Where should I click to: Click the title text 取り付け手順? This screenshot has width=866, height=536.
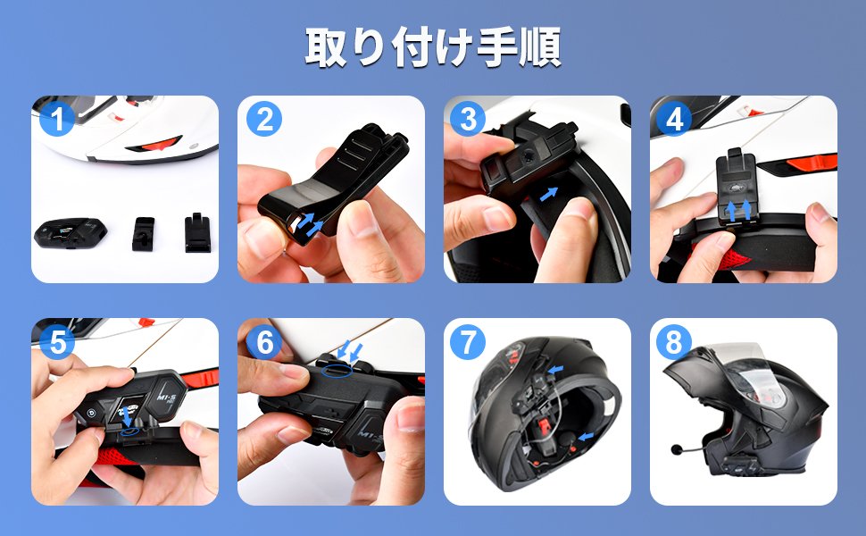click(x=433, y=48)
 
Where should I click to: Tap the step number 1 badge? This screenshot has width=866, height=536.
click(x=58, y=119)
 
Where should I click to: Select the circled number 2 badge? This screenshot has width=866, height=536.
click(x=263, y=119)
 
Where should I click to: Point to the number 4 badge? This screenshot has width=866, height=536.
click(x=675, y=119)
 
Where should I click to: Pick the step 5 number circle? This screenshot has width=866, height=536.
click(x=58, y=342)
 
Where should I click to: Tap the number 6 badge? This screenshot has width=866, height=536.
click(x=263, y=342)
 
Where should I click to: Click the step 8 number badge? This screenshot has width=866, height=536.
click(x=675, y=342)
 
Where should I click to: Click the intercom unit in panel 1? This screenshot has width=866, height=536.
click(x=71, y=234)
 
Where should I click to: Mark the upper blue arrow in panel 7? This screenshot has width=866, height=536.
click(x=558, y=369)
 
